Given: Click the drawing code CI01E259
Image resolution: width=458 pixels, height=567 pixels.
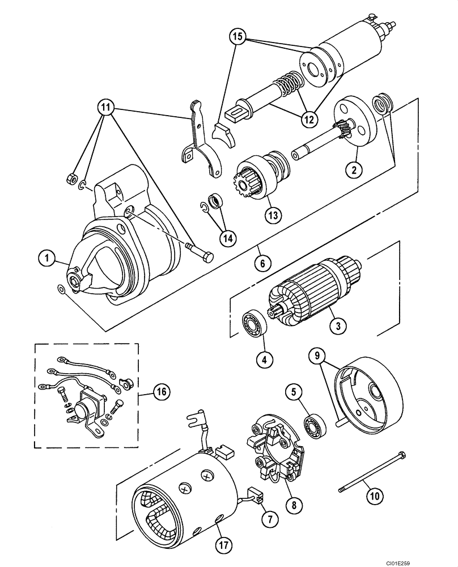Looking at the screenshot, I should tap(434, 561).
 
